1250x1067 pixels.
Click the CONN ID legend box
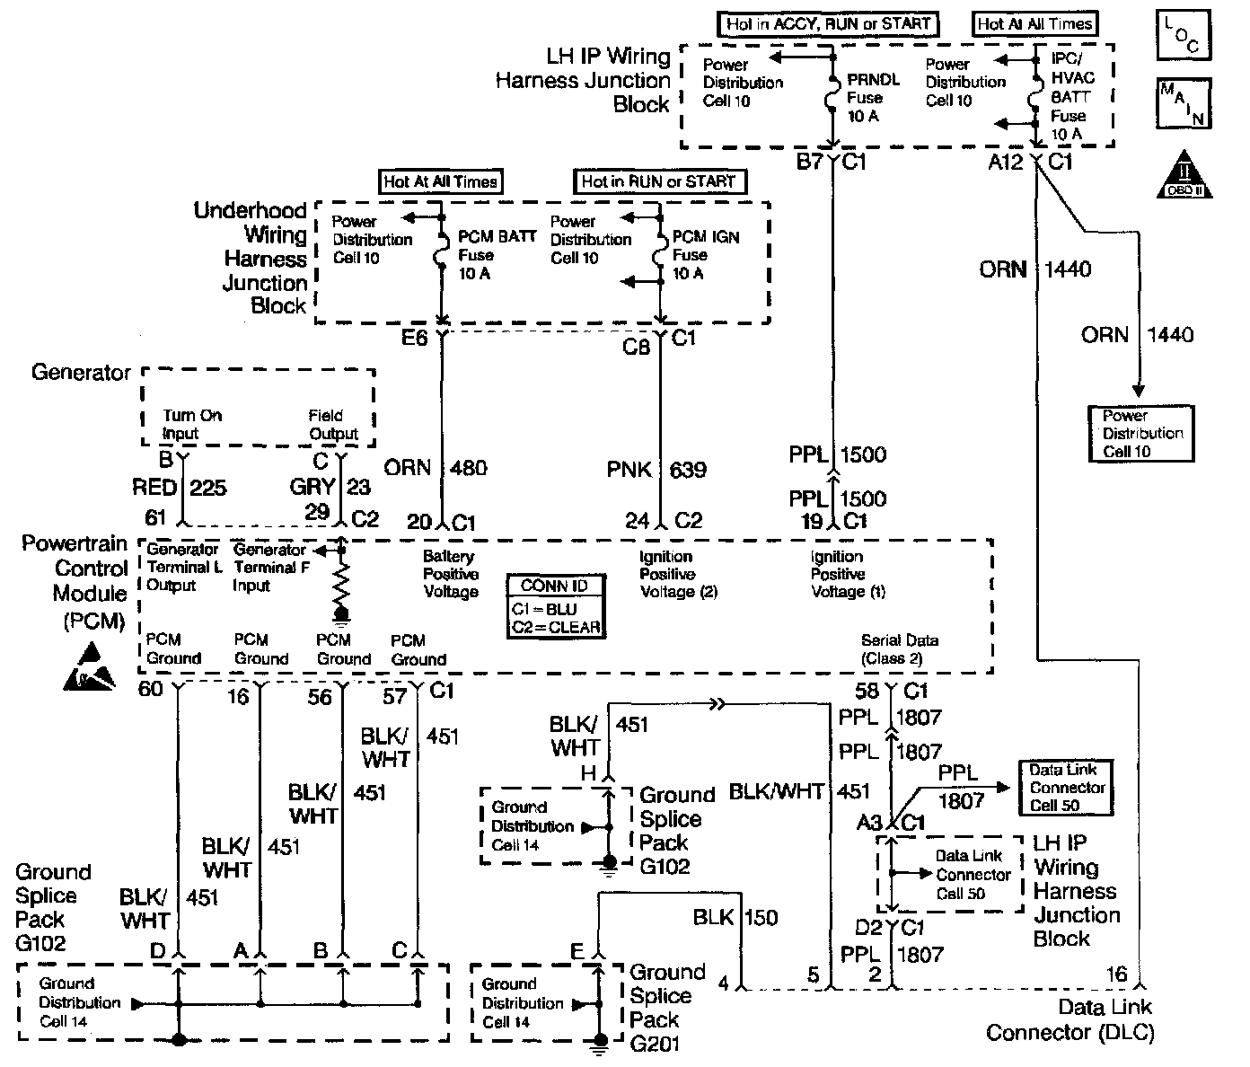pyautogui.click(x=555, y=606)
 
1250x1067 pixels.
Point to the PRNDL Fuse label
pyautogui.click(x=873, y=98)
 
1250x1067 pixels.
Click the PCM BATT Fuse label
pyautogui.click(x=497, y=255)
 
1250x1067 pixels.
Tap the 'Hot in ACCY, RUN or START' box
pyautogui.click(x=828, y=24)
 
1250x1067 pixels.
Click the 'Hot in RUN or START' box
pyautogui.click(x=658, y=181)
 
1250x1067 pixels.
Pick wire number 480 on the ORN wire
pyautogui.click(x=469, y=468)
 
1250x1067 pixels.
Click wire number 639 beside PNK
pyautogui.click(x=688, y=470)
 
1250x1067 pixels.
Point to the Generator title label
pyautogui.click(x=81, y=372)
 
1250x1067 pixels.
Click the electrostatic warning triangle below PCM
pyautogui.click(x=90, y=666)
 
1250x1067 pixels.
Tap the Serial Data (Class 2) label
pyautogui.click(x=899, y=649)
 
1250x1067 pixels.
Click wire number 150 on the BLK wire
pyautogui.click(x=761, y=918)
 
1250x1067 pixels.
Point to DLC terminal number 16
pyautogui.click(x=1116, y=974)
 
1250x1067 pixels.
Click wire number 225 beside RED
pyautogui.click(x=208, y=488)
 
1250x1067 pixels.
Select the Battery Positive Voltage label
pyautogui.click(x=451, y=574)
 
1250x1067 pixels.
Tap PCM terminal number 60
pyautogui.click(x=151, y=689)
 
